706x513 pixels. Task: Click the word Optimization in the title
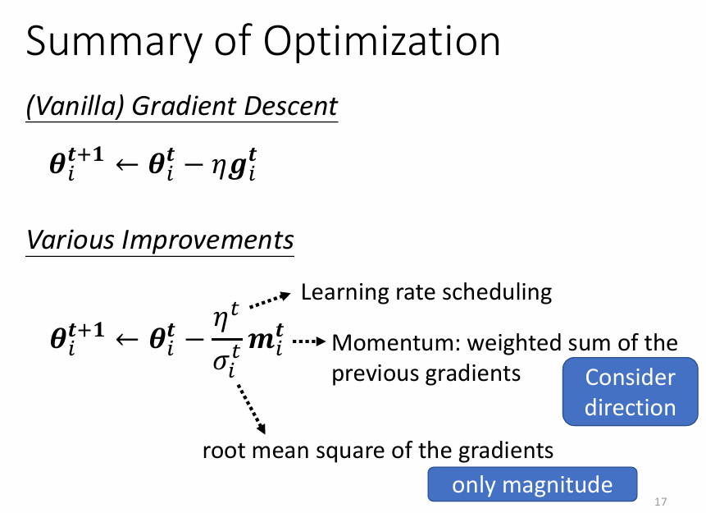click(381, 42)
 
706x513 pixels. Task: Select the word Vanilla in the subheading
click(78, 107)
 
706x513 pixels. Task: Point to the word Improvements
click(207, 240)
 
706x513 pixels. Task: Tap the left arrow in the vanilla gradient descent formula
click(126, 164)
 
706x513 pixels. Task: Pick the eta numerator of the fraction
click(221, 319)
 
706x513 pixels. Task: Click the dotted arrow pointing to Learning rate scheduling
click(270, 300)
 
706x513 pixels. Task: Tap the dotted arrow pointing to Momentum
click(309, 341)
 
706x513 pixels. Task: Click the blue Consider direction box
click(630, 392)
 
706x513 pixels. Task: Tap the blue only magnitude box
click(532, 484)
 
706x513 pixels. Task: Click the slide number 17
click(661, 502)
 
